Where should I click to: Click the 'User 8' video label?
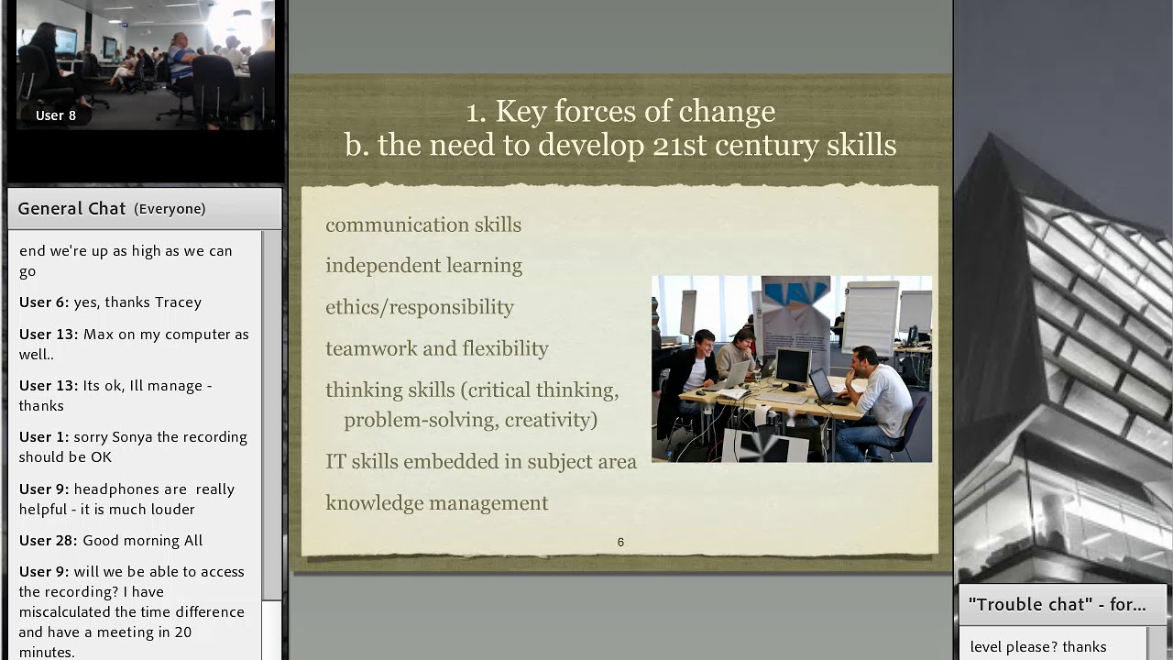[x=56, y=115]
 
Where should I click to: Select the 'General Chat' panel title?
[x=71, y=209]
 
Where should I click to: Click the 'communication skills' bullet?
[x=422, y=225]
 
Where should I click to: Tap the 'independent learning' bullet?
[x=423, y=266]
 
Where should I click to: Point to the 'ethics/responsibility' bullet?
[x=419, y=307]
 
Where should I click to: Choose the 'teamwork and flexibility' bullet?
[x=436, y=348]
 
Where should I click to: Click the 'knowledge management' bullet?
[x=436, y=503]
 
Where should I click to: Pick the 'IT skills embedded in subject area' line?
[x=480, y=461]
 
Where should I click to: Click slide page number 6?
[x=620, y=543]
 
